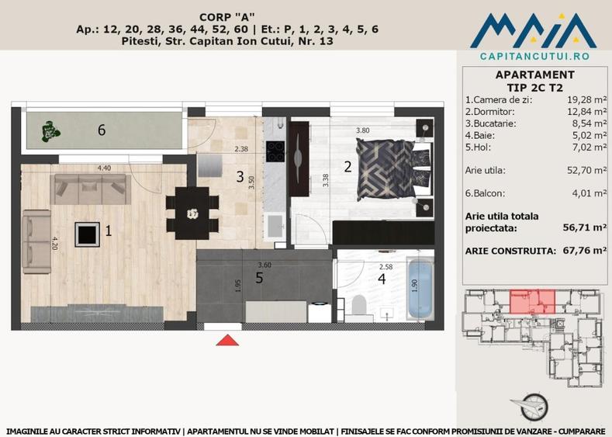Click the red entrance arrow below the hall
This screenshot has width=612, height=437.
coord(226,339)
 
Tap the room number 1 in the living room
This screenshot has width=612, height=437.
coord(109,231)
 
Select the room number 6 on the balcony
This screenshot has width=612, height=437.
coord(102,130)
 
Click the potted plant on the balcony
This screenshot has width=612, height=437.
coord(50,131)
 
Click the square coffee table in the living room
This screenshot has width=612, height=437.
coord(86,232)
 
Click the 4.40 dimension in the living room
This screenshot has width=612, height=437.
coord(103,168)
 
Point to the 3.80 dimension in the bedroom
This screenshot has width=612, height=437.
coord(362,130)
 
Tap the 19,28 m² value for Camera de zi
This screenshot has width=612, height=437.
coord(586,100)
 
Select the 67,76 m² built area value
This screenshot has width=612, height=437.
coord(584,251)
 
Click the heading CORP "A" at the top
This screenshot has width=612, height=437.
coord(227,16)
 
